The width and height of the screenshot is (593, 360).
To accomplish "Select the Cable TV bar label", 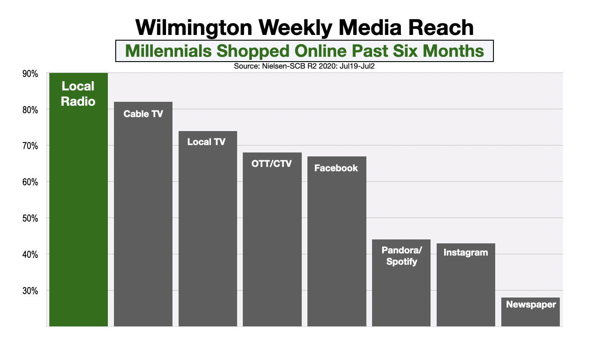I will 143,114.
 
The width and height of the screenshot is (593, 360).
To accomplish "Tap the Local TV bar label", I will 207,142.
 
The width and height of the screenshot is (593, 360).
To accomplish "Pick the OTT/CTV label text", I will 272,164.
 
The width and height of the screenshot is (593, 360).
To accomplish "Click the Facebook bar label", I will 336,168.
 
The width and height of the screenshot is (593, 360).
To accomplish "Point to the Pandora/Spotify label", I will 400,256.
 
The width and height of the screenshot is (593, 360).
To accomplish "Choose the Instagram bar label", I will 465,253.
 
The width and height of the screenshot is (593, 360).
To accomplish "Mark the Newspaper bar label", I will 531,305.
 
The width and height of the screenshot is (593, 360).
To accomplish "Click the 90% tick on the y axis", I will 30,74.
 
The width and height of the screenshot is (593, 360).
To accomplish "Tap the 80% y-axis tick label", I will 30,110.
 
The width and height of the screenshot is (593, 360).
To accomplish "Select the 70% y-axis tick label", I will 30,146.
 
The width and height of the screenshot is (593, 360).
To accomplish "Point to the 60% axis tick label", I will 30,182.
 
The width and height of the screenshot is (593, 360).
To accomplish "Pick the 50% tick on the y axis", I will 30,218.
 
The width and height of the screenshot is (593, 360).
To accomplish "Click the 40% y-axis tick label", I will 30,255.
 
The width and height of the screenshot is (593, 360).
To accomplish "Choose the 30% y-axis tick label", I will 30,291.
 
